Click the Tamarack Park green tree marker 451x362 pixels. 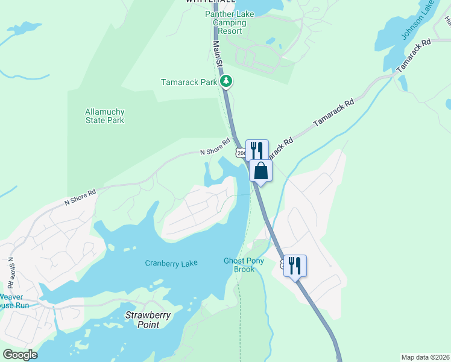pyautogui.click(x=226, y=81)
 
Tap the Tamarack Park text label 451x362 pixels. pyautogui.click(x=188, y=82)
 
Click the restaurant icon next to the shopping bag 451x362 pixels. pyautogui.click(x=257, y=149)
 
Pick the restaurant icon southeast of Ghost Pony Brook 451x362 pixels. pyautogui.click(x=295, y=265)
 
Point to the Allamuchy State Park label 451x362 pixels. pyautogui.click(x=105, y=116)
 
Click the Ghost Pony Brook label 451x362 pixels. pyautogui.click(x=244, y=265)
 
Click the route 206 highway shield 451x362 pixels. pyautogui.click(x=241, y=153)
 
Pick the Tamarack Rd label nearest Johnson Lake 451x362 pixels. pyautogui.click(x=413, y=54)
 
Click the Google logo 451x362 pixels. pyautogui.click(x=19, y=354)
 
